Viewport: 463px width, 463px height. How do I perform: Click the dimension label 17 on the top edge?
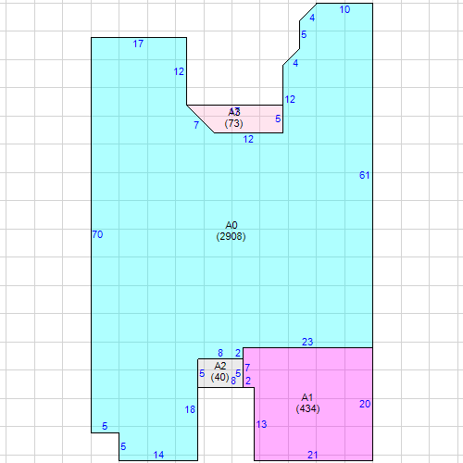pyautogui.click(x=138, y=44)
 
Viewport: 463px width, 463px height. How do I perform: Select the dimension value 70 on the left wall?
pyautogui.click(x=97, y=234)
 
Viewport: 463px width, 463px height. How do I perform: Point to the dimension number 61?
pyautogui.click(x=364, y=175)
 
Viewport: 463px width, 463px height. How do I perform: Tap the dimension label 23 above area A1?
pyautogui.click(x=307, y=342)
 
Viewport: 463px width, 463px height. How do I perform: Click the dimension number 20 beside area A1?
pyautogui.click(x=365, y=404)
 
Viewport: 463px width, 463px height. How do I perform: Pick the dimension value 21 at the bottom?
pyautogui.click(x=313, y=454)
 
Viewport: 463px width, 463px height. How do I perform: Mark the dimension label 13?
pyautogui.click(x=261, y=424)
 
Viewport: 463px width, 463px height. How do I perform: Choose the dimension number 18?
pyautogui.click(x=190, y=409)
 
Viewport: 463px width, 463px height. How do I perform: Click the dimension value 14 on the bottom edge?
pyautogui.click(x=158, y=454)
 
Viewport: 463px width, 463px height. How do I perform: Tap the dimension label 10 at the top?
pyautogui.click(x=345, y=9)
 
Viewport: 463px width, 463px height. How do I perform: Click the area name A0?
pyautogui.click(x=231, y=225)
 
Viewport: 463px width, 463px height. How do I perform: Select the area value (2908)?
pyautogui.click(x=231, y=237)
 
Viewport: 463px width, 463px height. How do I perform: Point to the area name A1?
pyautogui.click(x=307, y=396)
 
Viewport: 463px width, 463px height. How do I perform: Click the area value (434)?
pyautogui.click(x=307, y=408)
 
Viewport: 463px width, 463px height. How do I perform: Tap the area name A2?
pyautogui.click(x=220, y=367)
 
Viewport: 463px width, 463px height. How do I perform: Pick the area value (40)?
pyautogui.click(x=219, y=378)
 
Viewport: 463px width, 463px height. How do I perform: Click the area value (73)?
pyautogui.click(x=234, y=124)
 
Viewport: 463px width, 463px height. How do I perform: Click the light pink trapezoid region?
pyautogui.click(x=259, y=119)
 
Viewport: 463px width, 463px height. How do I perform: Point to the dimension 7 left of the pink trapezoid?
pyautogui.click(x=195, y=124)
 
